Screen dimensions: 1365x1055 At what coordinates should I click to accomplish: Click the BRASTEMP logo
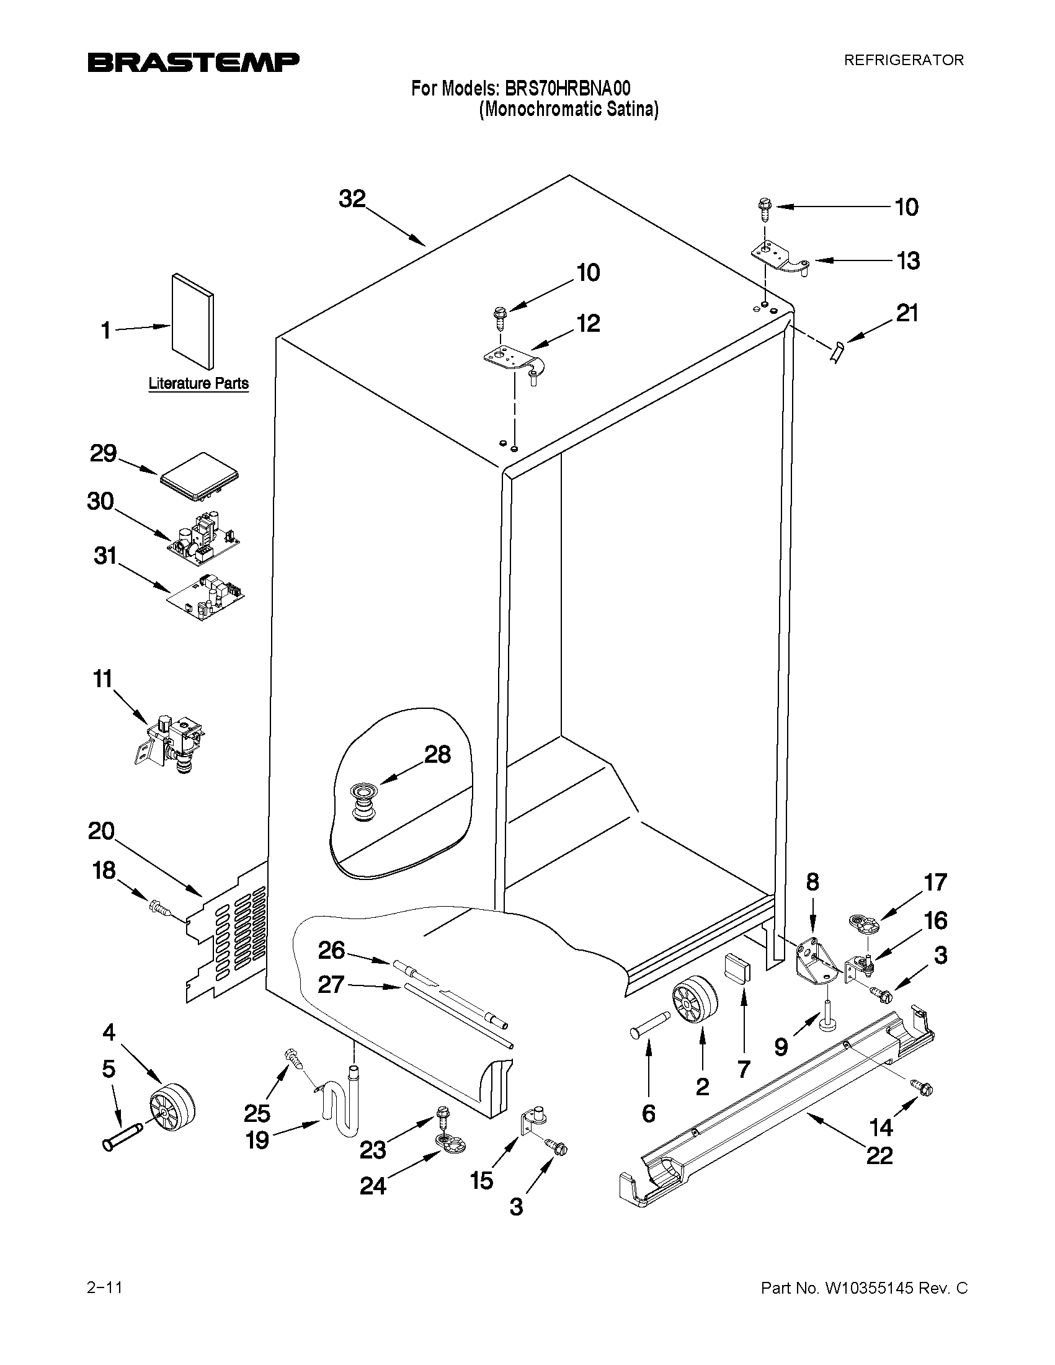point(193,62)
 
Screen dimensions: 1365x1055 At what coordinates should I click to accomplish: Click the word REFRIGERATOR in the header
point(903,60)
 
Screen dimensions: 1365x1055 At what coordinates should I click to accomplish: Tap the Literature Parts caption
point(198,383)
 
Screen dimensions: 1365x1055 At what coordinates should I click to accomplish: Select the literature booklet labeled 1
point(192,321)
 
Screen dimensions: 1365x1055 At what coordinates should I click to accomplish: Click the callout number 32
point(352,198)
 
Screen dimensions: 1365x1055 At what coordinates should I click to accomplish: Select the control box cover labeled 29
point(200,478)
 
